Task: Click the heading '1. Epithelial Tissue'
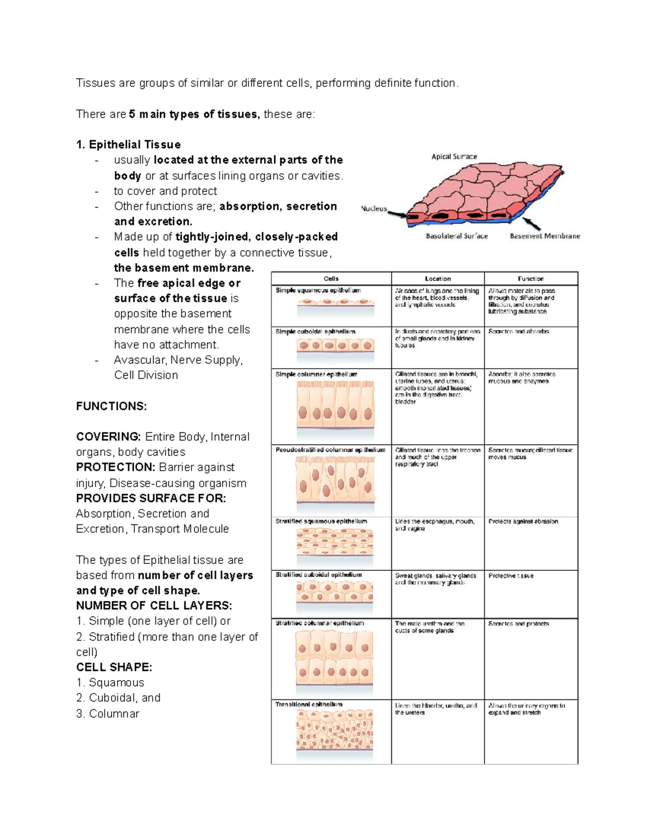[128, 144]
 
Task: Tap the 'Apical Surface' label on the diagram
[454, 156]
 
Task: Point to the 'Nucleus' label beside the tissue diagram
[374, 209]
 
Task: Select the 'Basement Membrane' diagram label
[545, 236]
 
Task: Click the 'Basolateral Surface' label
[457, 236]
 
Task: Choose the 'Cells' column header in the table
[331, 279]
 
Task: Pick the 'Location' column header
[437, 279]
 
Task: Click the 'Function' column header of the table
[531, 279]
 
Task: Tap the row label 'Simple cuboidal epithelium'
[315, 331]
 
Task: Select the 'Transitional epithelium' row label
[309, 704]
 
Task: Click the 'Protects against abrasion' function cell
[523, 522]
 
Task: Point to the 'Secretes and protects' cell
[518, 624]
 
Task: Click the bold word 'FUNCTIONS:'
[111, 406]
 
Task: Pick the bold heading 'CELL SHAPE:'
[114, 667]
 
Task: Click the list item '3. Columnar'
[107, 714]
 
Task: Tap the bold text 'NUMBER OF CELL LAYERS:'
[154, 606]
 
